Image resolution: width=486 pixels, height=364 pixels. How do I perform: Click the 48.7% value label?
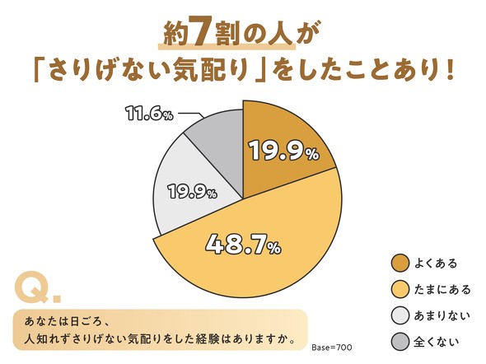click(241, 244)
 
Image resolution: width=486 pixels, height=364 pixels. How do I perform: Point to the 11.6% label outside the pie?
click(149, 113)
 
